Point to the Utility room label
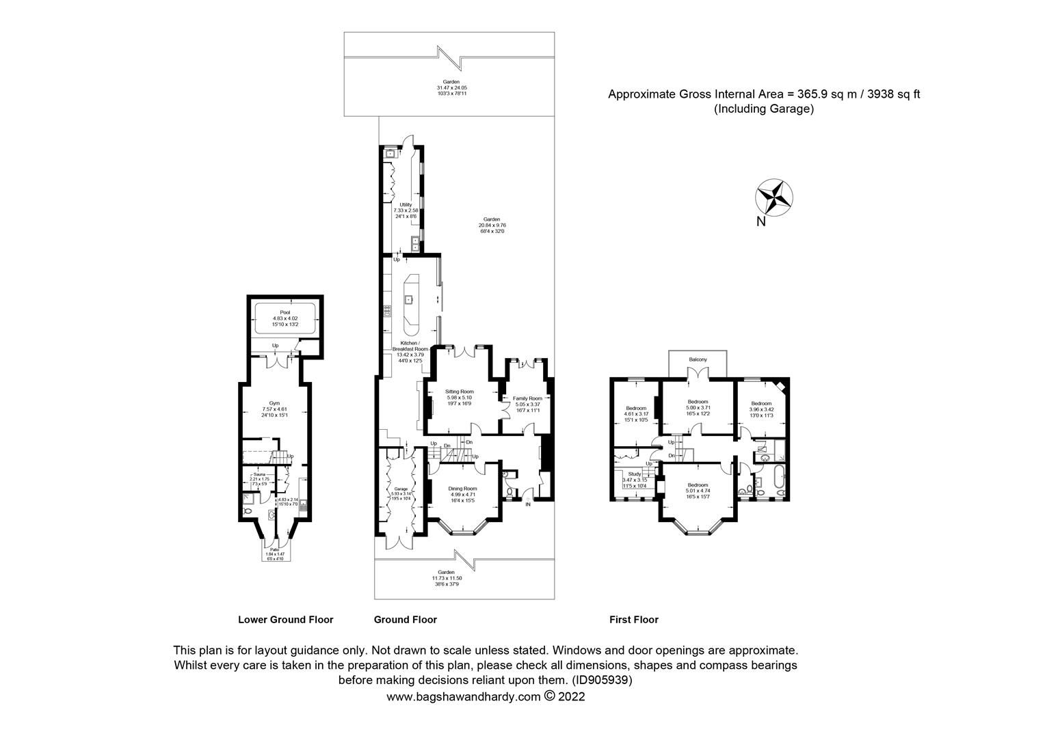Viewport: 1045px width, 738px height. (x=406, y=204)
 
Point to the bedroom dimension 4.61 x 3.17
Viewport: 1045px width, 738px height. (x=635, y=414)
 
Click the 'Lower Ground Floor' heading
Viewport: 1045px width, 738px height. (x=285, y=620)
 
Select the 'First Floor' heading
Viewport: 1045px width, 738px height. (x=633, y=620)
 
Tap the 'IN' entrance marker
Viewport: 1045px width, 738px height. (x=528, y=505)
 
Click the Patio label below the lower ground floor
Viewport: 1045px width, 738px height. (x=274, y=549)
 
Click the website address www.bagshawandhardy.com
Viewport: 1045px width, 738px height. (x=464, y=697)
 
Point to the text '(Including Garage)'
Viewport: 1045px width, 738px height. (x=763, y=109)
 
